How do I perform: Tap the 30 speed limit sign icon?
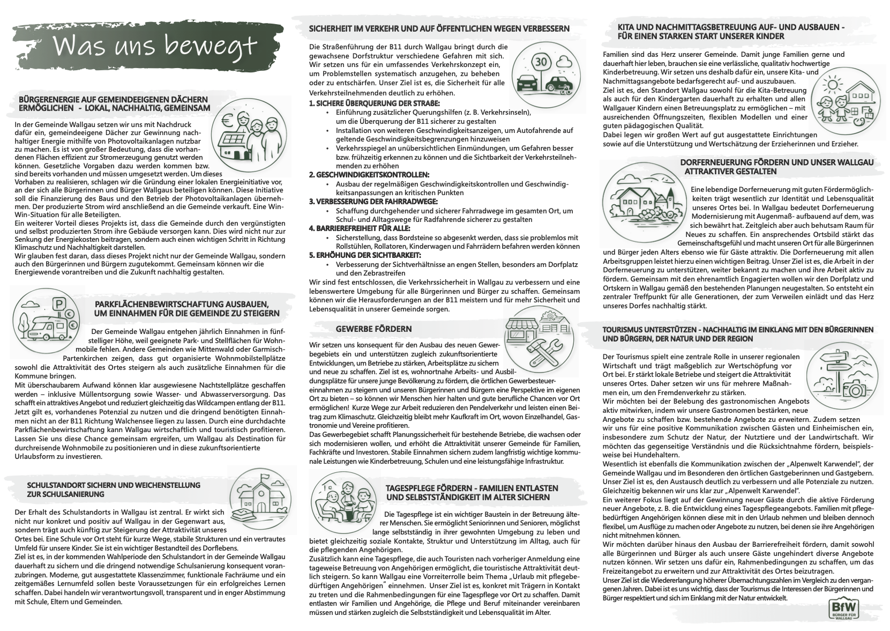tap(542, 62)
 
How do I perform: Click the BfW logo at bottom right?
tap(843, 609)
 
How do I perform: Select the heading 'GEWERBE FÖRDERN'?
tap(373, 329)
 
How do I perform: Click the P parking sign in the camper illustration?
tap(56, 305)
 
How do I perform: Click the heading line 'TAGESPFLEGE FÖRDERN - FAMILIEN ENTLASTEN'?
tap(472, 488)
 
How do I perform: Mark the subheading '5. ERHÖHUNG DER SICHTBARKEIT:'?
tap(365, 255)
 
